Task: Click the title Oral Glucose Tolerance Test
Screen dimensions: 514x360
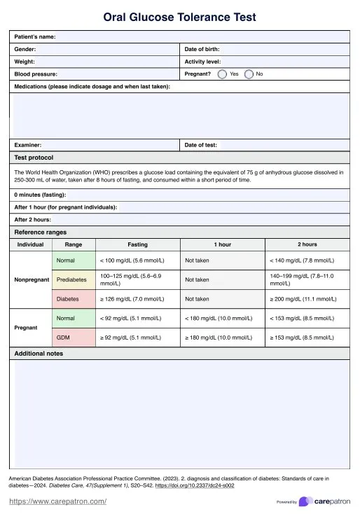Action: tap(179, 17)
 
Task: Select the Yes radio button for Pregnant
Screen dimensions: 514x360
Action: tap(222, 74)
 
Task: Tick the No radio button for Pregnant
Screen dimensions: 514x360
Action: tap(249, 74)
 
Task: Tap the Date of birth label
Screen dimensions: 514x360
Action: tap(202, 49)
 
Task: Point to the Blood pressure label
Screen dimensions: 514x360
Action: tap(36, 74)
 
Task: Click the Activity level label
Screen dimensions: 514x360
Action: tap(203, 62)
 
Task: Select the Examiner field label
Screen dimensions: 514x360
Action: tap(28, 145)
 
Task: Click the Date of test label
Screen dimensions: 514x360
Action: tap(200, 145)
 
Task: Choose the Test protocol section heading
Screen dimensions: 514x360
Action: tap(34, 158)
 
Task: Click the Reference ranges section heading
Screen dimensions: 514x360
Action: tap(41, 232)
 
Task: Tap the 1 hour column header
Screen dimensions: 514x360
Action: tap(223, 244)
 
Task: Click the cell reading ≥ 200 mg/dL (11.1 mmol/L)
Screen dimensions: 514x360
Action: tap(303, 299)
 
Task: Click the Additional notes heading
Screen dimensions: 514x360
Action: tap(39, 354)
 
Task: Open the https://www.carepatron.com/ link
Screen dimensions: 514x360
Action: tap(57, 501)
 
